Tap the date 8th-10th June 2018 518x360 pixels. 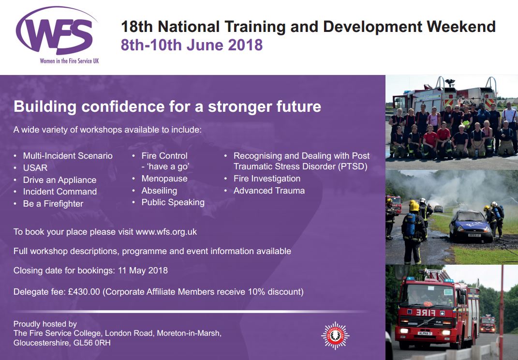[x=192, y=45]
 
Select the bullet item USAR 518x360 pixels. [x=35, y=167]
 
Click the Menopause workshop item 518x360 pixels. [x=164, y=179]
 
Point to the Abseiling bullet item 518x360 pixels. [x=159, y=191]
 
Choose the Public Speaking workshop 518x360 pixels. [x=173, y=202]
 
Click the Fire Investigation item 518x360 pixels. [x=267, y=179]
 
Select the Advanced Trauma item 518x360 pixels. [x=269, y=191]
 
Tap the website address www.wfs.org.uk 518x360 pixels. [x=166, y=232]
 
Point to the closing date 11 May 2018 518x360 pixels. [x=143, y=270]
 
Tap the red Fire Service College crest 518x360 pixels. [x=335, y=335]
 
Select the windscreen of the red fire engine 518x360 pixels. [x=426, y=294]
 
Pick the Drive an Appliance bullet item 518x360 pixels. [x=59, y=180]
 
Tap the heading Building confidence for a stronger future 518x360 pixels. [x=167, y=106]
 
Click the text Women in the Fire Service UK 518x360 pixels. [x=69, y=61]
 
